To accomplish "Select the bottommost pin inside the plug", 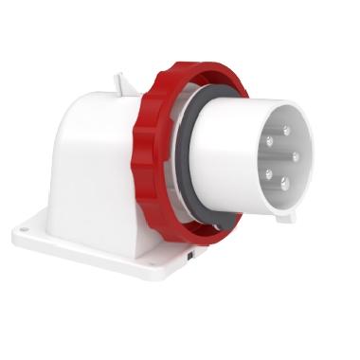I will coord(280,189).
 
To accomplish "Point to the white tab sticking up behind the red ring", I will coord(121,84).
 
